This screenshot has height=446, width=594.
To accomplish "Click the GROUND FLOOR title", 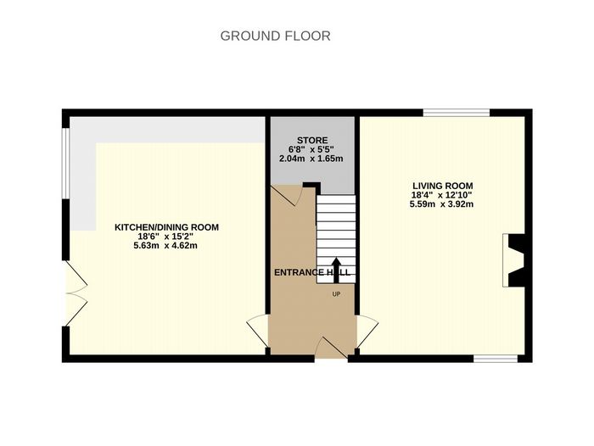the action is (x=276, y=36).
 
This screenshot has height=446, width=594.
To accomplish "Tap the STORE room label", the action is (x=312, y=141).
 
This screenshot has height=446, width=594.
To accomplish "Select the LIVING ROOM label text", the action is (x=442, y=186).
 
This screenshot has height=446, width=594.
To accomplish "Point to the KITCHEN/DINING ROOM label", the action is (x=166, y=227).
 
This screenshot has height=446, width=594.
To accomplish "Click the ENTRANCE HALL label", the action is (x=312, y=272).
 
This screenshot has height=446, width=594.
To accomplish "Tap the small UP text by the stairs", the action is (x=336, y=293).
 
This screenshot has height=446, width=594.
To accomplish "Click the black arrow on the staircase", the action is (x=336, y=270).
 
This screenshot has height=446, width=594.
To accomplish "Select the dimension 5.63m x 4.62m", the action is (x=165, y=245).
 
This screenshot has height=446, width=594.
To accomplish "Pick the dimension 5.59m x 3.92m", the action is (x=441, y=204).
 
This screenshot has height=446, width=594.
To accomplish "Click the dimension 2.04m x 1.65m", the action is (x=311, y=159).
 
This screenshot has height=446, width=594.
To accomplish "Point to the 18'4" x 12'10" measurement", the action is (x=442, y=195).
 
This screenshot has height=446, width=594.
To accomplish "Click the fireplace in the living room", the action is (x=513, y=260).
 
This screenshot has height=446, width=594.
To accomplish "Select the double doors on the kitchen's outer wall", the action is (x=77, y=293).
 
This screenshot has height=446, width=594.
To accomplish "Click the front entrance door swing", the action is (x=331, y=348).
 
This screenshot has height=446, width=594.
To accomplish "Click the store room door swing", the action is (x=288, y=195).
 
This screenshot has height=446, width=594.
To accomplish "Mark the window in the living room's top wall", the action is (x=457, y=113).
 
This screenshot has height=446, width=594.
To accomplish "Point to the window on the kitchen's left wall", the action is (x=66, y=164).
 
